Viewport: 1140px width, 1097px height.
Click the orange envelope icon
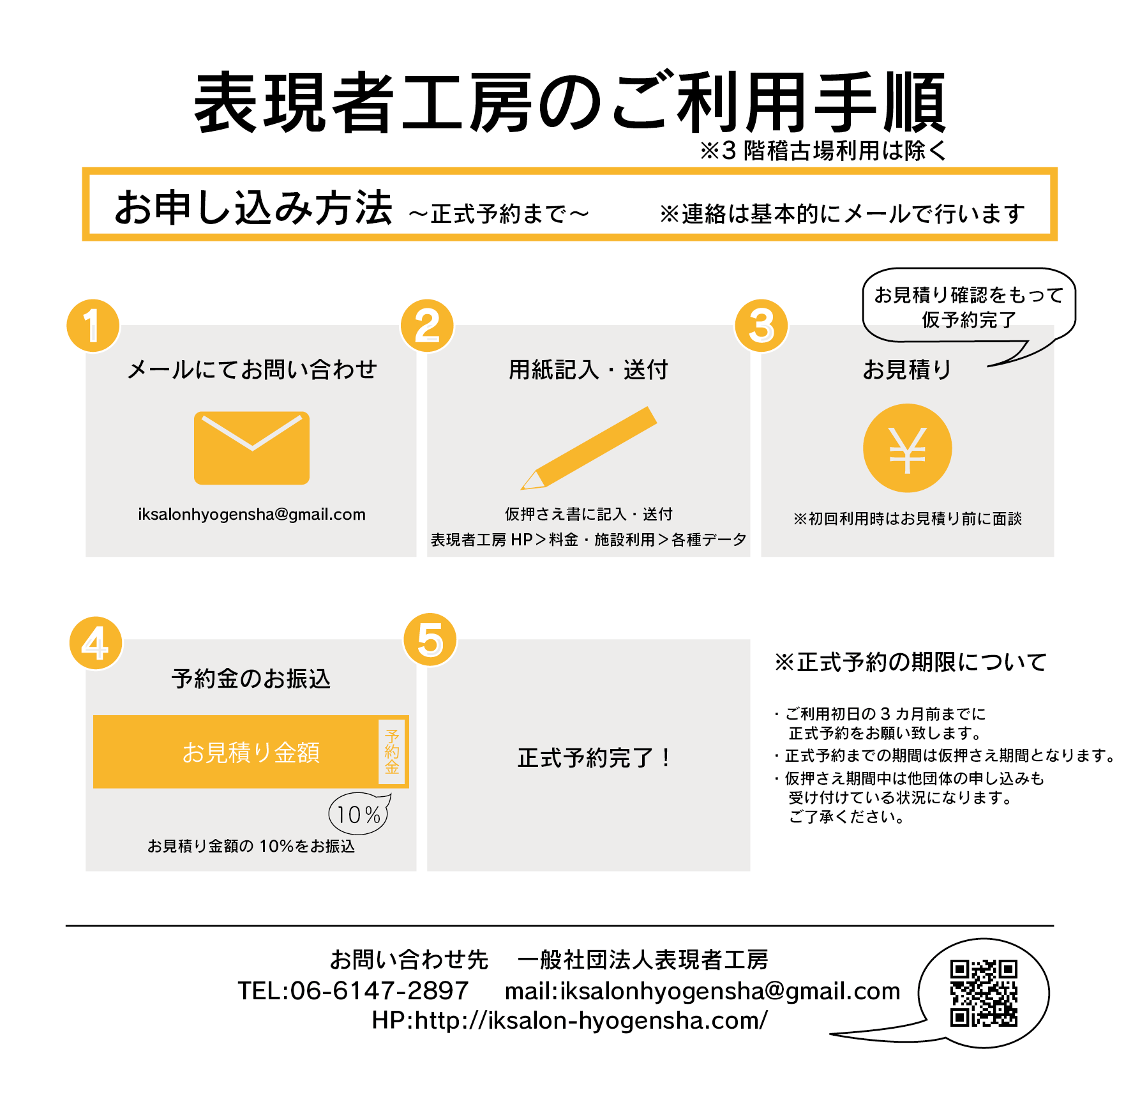tap(251, 448)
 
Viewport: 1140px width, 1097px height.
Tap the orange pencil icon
tap(589, 448)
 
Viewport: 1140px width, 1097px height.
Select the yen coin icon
tap(907, 448)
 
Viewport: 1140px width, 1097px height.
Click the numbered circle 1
tap(93, 326)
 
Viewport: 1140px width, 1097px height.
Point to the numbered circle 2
tap(427, 326)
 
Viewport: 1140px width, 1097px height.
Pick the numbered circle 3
tap(761, 326)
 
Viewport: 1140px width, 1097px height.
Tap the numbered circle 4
tap(96, 643)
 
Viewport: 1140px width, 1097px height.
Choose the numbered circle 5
tap(430, 640)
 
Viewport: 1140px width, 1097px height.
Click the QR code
tap(984, 994)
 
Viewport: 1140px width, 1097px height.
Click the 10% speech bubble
tap(359, 813)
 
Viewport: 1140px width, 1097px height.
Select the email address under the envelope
tap(251, 515)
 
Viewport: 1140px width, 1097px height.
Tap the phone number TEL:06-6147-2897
tap(353, 990)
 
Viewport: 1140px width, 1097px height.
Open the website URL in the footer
tap(569, 1020)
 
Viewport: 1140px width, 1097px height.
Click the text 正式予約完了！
tap(594, 758)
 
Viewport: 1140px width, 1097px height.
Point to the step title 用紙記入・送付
tap(588, 370)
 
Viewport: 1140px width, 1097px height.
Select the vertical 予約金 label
tap(392, 752)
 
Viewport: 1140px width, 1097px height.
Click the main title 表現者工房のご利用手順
tap(570, 103)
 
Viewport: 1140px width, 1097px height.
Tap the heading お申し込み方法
tap(253, 208)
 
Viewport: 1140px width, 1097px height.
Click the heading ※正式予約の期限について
tap(910, 662)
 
